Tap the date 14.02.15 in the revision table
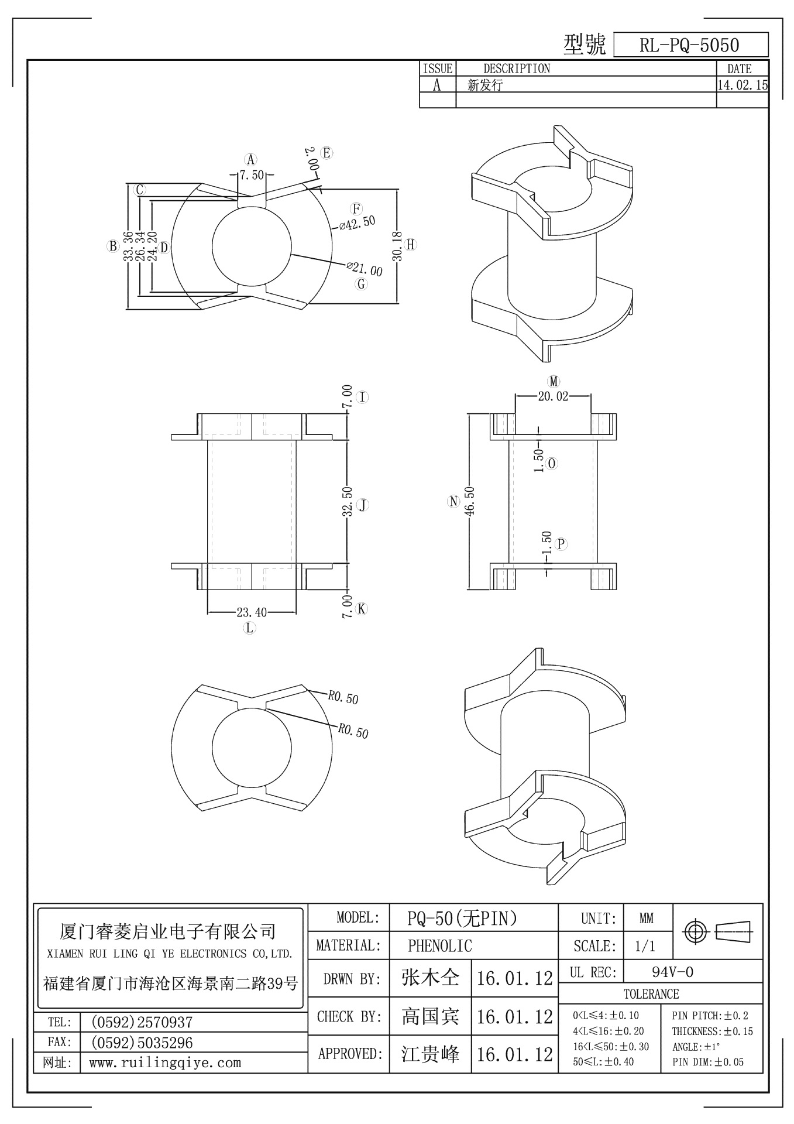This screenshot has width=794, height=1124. (x=742, y=85)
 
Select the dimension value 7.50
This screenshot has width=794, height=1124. (x=252, y=175)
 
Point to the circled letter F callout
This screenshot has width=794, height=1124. (x=356, y=209)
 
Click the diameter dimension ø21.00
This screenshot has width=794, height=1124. (x=365, y=270)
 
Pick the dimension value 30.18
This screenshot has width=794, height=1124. (x=397, y=246)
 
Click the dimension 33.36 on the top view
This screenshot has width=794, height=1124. (x=128, y=246)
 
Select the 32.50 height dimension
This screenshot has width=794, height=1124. (x=347, y=502)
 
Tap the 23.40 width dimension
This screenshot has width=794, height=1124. (x=252, y=612)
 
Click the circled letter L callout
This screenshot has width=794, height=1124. (x=250, y=628)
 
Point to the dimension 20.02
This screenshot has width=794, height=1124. (x=552, y=396)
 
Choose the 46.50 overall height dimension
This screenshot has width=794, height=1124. (x=470, y=501)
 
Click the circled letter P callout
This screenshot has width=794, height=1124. (x=561, y=544)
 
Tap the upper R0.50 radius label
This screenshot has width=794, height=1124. (x=343, y=697)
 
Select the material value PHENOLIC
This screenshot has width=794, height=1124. (x=439, y=946)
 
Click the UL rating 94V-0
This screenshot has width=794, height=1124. (x=672, y=972)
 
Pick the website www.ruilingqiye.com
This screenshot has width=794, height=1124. (x=164, y=1063)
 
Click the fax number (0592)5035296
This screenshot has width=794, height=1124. (x=142, y=1043)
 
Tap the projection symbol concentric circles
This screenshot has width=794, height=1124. (x=695, y=931)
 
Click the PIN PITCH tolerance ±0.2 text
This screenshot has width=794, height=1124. (x=710, y=1016)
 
